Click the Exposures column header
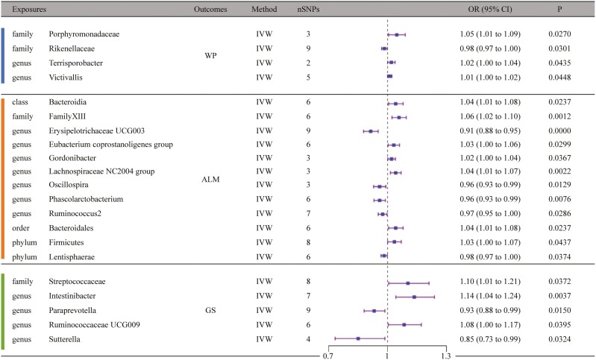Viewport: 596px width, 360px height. tap(29, 9)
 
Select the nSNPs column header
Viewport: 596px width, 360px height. tap(308, 9)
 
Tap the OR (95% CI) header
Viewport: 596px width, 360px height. tap(490, 9)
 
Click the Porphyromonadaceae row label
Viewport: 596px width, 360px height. tap(84, 34)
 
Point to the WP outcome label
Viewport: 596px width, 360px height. tap(210, 55)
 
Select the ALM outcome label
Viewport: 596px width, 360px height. tap(210, 179)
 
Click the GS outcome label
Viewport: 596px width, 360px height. tap(210, 310)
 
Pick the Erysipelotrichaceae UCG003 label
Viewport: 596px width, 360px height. tap(96, 131)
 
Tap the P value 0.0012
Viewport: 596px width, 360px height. tap(559, 116)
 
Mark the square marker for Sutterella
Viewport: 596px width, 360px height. tap(358, 338)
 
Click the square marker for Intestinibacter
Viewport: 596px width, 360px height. tap(414, 297)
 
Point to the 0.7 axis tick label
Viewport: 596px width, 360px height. tap(328, 356)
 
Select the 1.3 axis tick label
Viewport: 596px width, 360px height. tap(446, 356)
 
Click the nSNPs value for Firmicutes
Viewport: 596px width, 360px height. tap(308, 242)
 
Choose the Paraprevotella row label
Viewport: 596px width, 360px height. tap(72, 311)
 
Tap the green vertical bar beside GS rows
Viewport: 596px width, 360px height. tap(3, 312)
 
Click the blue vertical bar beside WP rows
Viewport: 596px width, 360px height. tap(3, 55)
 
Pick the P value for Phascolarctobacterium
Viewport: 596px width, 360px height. tap(559, 199)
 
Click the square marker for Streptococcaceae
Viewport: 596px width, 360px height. tap(408, 283)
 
